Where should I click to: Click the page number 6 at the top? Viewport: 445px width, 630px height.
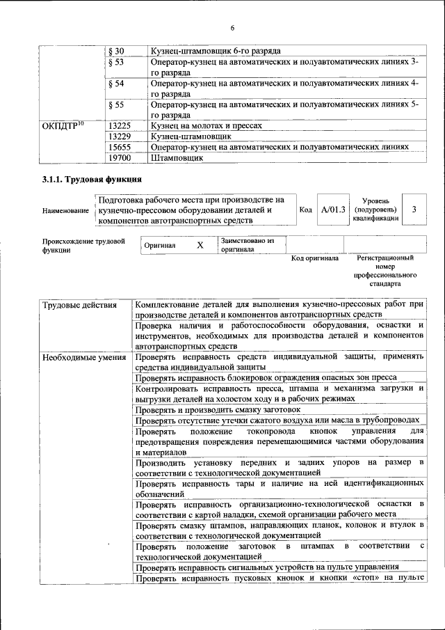tap(233, 27)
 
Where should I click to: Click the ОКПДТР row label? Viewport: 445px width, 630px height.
tap(63, 126)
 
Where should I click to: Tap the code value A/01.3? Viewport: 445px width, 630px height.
tap(333, 210)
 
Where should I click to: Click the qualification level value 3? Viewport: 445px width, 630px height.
tap(414, 210)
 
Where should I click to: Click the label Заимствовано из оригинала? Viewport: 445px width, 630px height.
tap(248, 245)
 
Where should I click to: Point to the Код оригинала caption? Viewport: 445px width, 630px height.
tap(314, 258)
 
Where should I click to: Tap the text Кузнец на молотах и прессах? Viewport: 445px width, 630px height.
tap(207, 126)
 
